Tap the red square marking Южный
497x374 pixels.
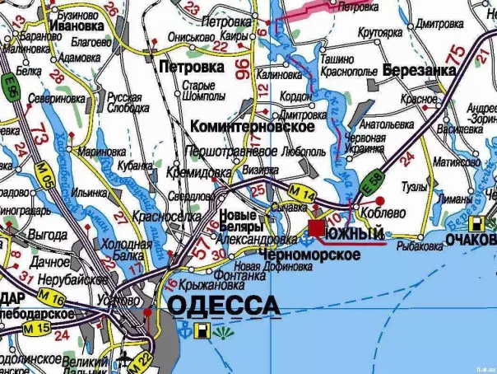point(316,227)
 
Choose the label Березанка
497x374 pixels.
point(419,71)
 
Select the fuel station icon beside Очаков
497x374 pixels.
point(476,224)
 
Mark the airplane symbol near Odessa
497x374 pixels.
point(124,356)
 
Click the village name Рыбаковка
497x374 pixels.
point(418,245)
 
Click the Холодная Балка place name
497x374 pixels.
point(121,250)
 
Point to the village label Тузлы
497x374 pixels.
point(414,186)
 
